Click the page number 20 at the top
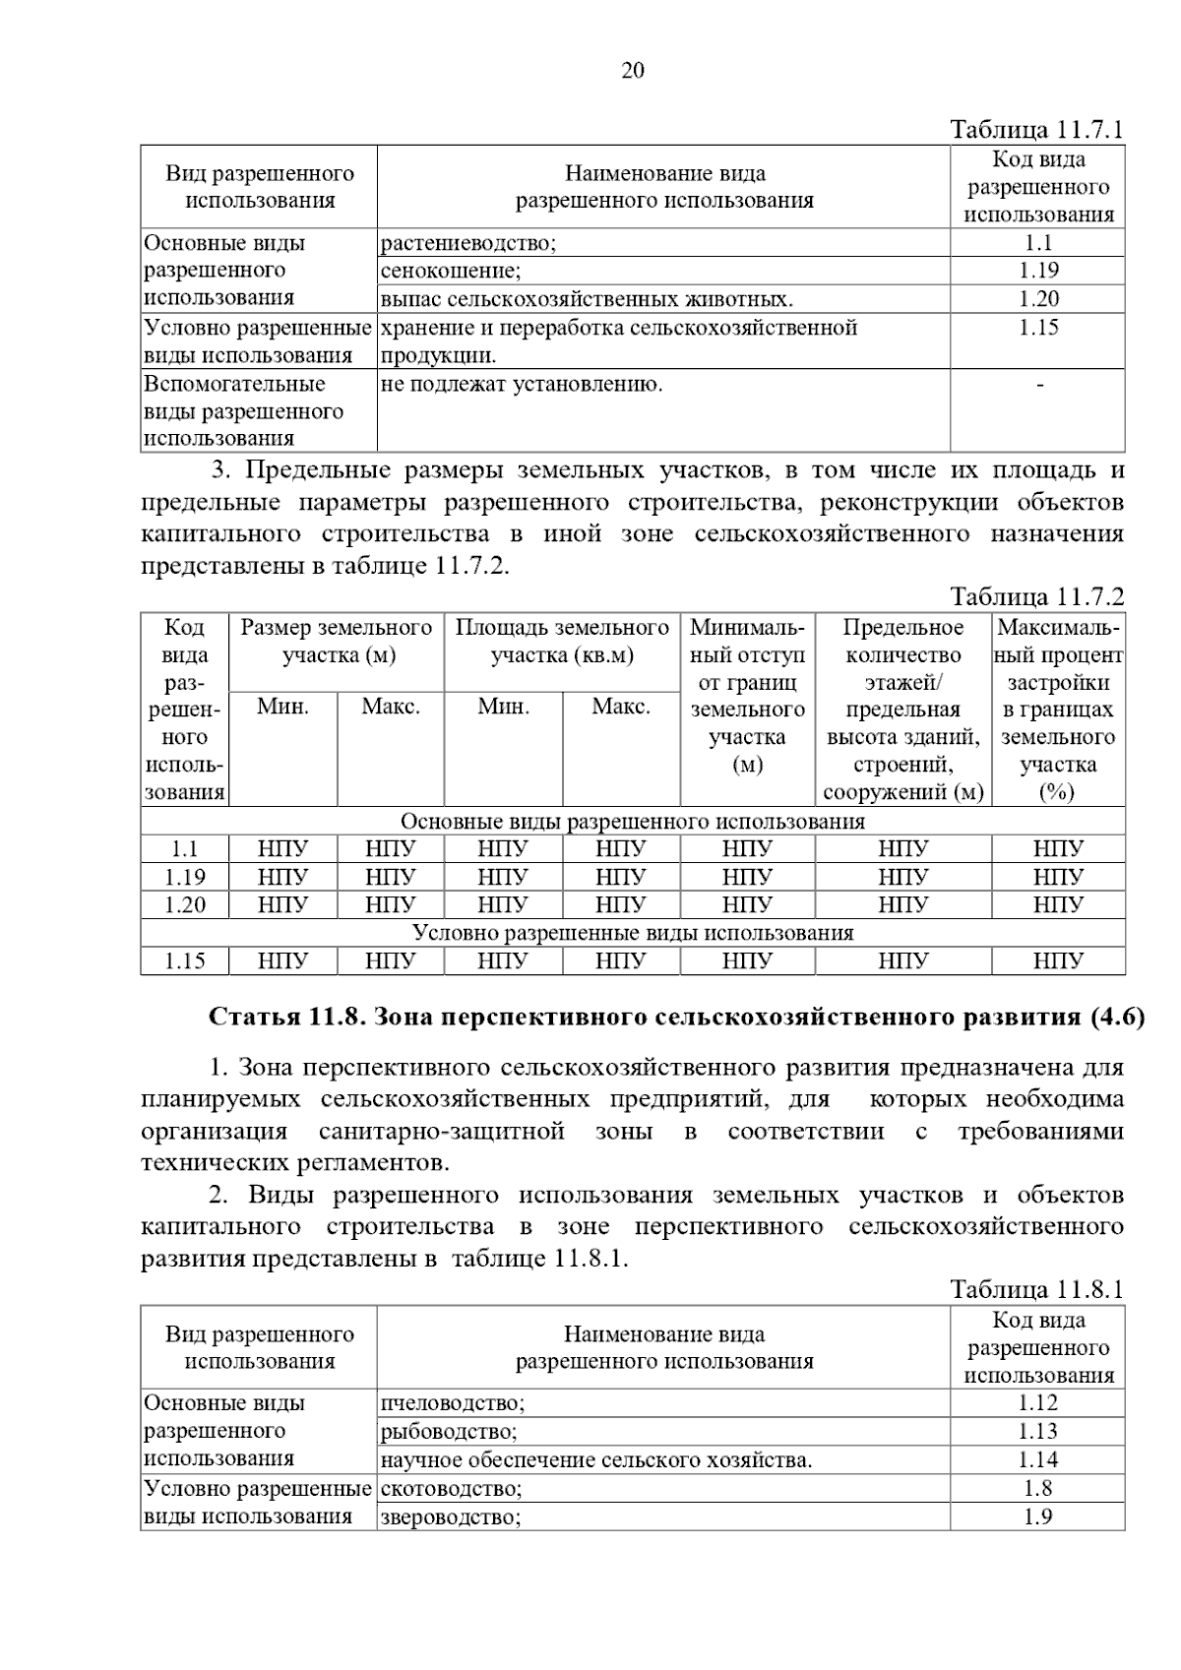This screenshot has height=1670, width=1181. click(633, 71)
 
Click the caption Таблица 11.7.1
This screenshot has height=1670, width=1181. click(1036, 130)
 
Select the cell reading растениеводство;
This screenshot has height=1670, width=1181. click(468, 244)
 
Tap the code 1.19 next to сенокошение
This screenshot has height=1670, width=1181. click(1038, 271)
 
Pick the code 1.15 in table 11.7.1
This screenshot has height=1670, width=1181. click(1038, 328)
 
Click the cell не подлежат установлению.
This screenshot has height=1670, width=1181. click(522, 385)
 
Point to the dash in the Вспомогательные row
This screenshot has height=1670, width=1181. click(1039, 385)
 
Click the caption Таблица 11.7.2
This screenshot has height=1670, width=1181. click(1036, 597)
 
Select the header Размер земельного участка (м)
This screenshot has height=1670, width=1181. click(337, 642)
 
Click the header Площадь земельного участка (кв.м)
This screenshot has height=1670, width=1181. click(562, 642)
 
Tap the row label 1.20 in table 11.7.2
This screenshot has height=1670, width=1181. click(185, 905)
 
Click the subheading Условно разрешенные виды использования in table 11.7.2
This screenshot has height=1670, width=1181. click(632, 933)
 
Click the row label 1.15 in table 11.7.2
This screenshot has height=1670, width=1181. click(185, 961)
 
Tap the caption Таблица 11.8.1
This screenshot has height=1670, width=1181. click(1036, 1290)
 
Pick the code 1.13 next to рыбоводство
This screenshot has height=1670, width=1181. click(1038, 1432)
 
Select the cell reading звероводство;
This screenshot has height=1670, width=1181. click(450, 1517)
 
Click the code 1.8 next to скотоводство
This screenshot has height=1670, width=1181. click(1038, 1489)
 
